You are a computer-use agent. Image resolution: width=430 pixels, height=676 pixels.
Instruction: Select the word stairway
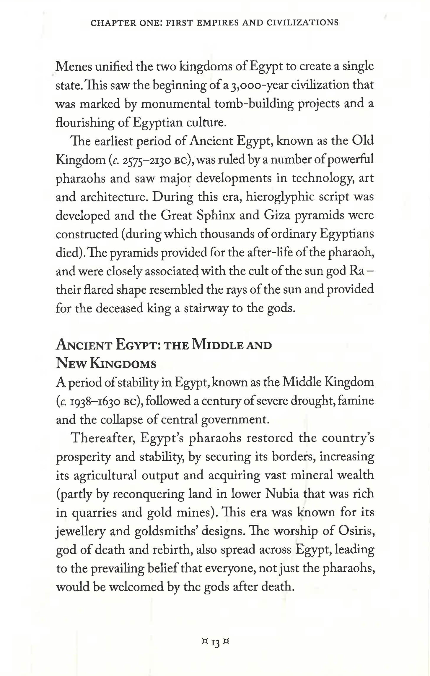[x=206, y=308]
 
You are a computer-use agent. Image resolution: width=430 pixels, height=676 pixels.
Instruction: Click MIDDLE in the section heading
[x=217, y=345]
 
